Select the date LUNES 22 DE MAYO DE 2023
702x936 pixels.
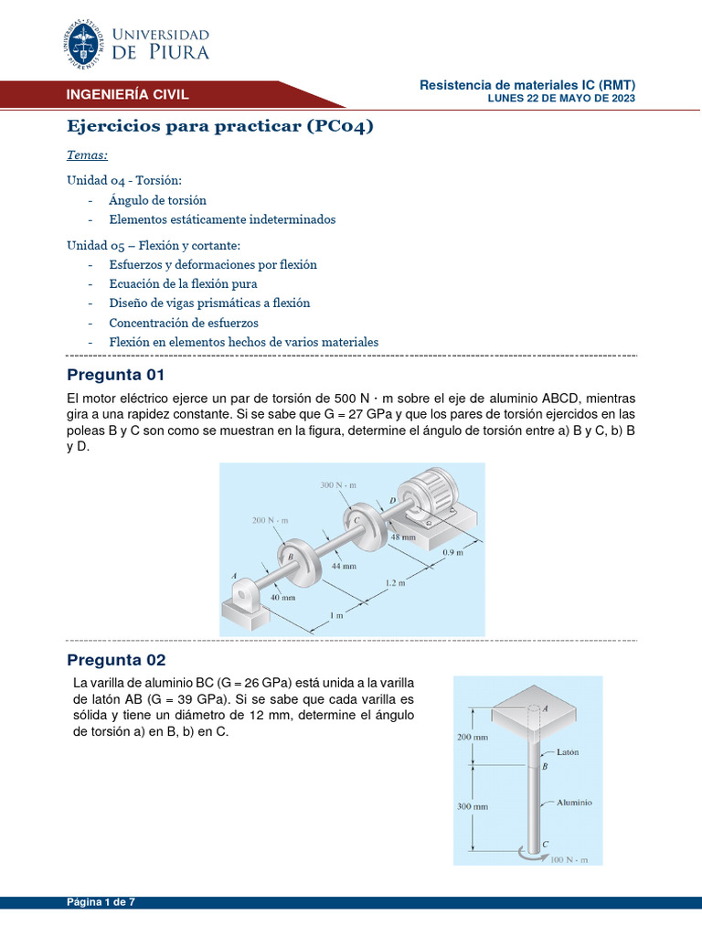(x=561, y=99)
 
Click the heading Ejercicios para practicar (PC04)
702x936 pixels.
(x=220, y=126)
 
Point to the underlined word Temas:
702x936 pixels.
(x=88, y=155)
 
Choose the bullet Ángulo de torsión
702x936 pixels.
(x=157, y=200)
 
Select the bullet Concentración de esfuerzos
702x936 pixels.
(x=183, y=323)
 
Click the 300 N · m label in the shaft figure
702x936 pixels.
(x=337, y=485)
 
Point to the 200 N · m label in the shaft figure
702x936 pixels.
(x=270, y=520)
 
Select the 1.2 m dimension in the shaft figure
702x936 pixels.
(x=395, y=582)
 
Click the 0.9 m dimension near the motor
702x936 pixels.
(x=453, y=553)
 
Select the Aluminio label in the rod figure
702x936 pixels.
(x=574, y=803)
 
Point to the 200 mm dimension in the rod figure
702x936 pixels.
(x=473, y=736)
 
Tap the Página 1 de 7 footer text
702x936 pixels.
(x=101, y=902)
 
